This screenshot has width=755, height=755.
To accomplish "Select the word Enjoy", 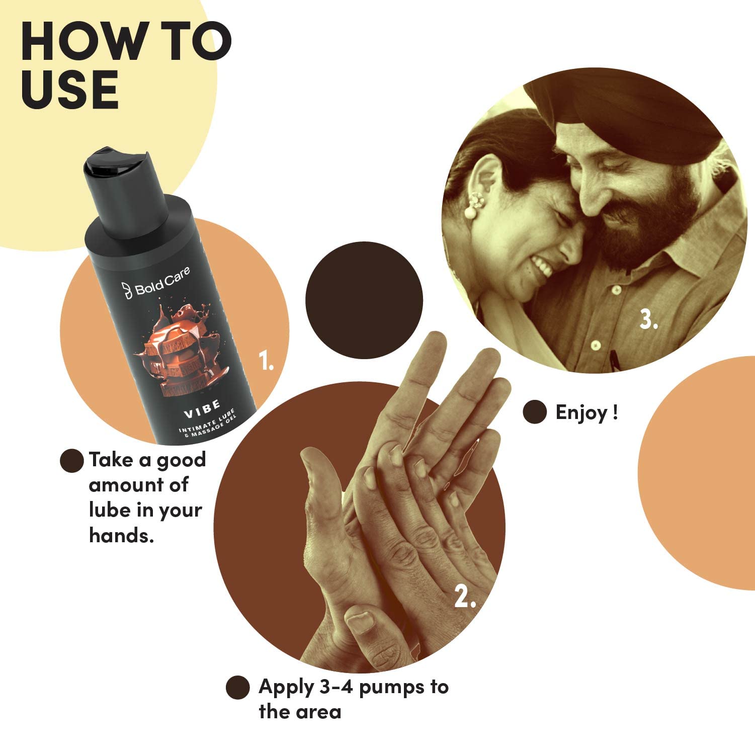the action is tap(581, 413).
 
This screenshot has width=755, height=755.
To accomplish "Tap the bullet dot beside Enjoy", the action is tap(535, 412).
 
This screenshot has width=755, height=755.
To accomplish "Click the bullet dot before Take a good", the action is tap(72, 460).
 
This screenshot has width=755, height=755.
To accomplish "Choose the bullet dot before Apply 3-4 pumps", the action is tap(238, 687).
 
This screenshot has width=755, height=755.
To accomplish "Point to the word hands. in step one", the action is tap(121, 535).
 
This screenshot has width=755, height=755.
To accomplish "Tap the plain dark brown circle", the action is tap(364, 300).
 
